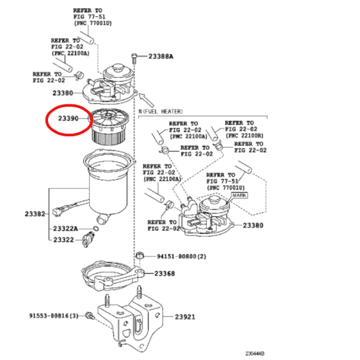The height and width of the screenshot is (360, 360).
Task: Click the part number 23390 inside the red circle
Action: tap(68, 118)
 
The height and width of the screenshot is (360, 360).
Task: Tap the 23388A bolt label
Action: tap(161, 56)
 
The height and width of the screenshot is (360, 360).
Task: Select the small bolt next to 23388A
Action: tap(134, 59)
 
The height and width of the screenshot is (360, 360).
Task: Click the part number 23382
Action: tap(35, 214)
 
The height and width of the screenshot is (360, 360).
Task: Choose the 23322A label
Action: tap(65, 229)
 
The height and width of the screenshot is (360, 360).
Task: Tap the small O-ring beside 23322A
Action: tap(96, 229)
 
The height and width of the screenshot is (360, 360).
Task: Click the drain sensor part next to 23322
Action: tap(88, 239)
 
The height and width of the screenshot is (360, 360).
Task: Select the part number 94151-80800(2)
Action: tap(181, 256)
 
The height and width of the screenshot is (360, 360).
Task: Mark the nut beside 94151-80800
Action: tap(139, 256)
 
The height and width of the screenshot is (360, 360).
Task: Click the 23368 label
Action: tap(164, 274)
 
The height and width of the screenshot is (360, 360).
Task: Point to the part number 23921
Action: tap(185, 317)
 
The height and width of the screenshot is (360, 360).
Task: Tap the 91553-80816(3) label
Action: tap(54, 316)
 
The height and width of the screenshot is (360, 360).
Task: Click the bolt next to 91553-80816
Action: tap(90, 316)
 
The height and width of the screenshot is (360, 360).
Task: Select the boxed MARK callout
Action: tap(239, 196)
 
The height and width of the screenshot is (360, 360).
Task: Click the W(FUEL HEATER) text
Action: tap(160, 112)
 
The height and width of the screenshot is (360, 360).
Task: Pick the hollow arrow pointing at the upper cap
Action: tap(146, 100)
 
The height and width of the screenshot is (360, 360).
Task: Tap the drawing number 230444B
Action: tap(255, 353)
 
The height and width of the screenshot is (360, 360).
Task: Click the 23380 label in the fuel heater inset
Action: tap(253, 226)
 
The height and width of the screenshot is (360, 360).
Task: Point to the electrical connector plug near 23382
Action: tap(57, 211)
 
